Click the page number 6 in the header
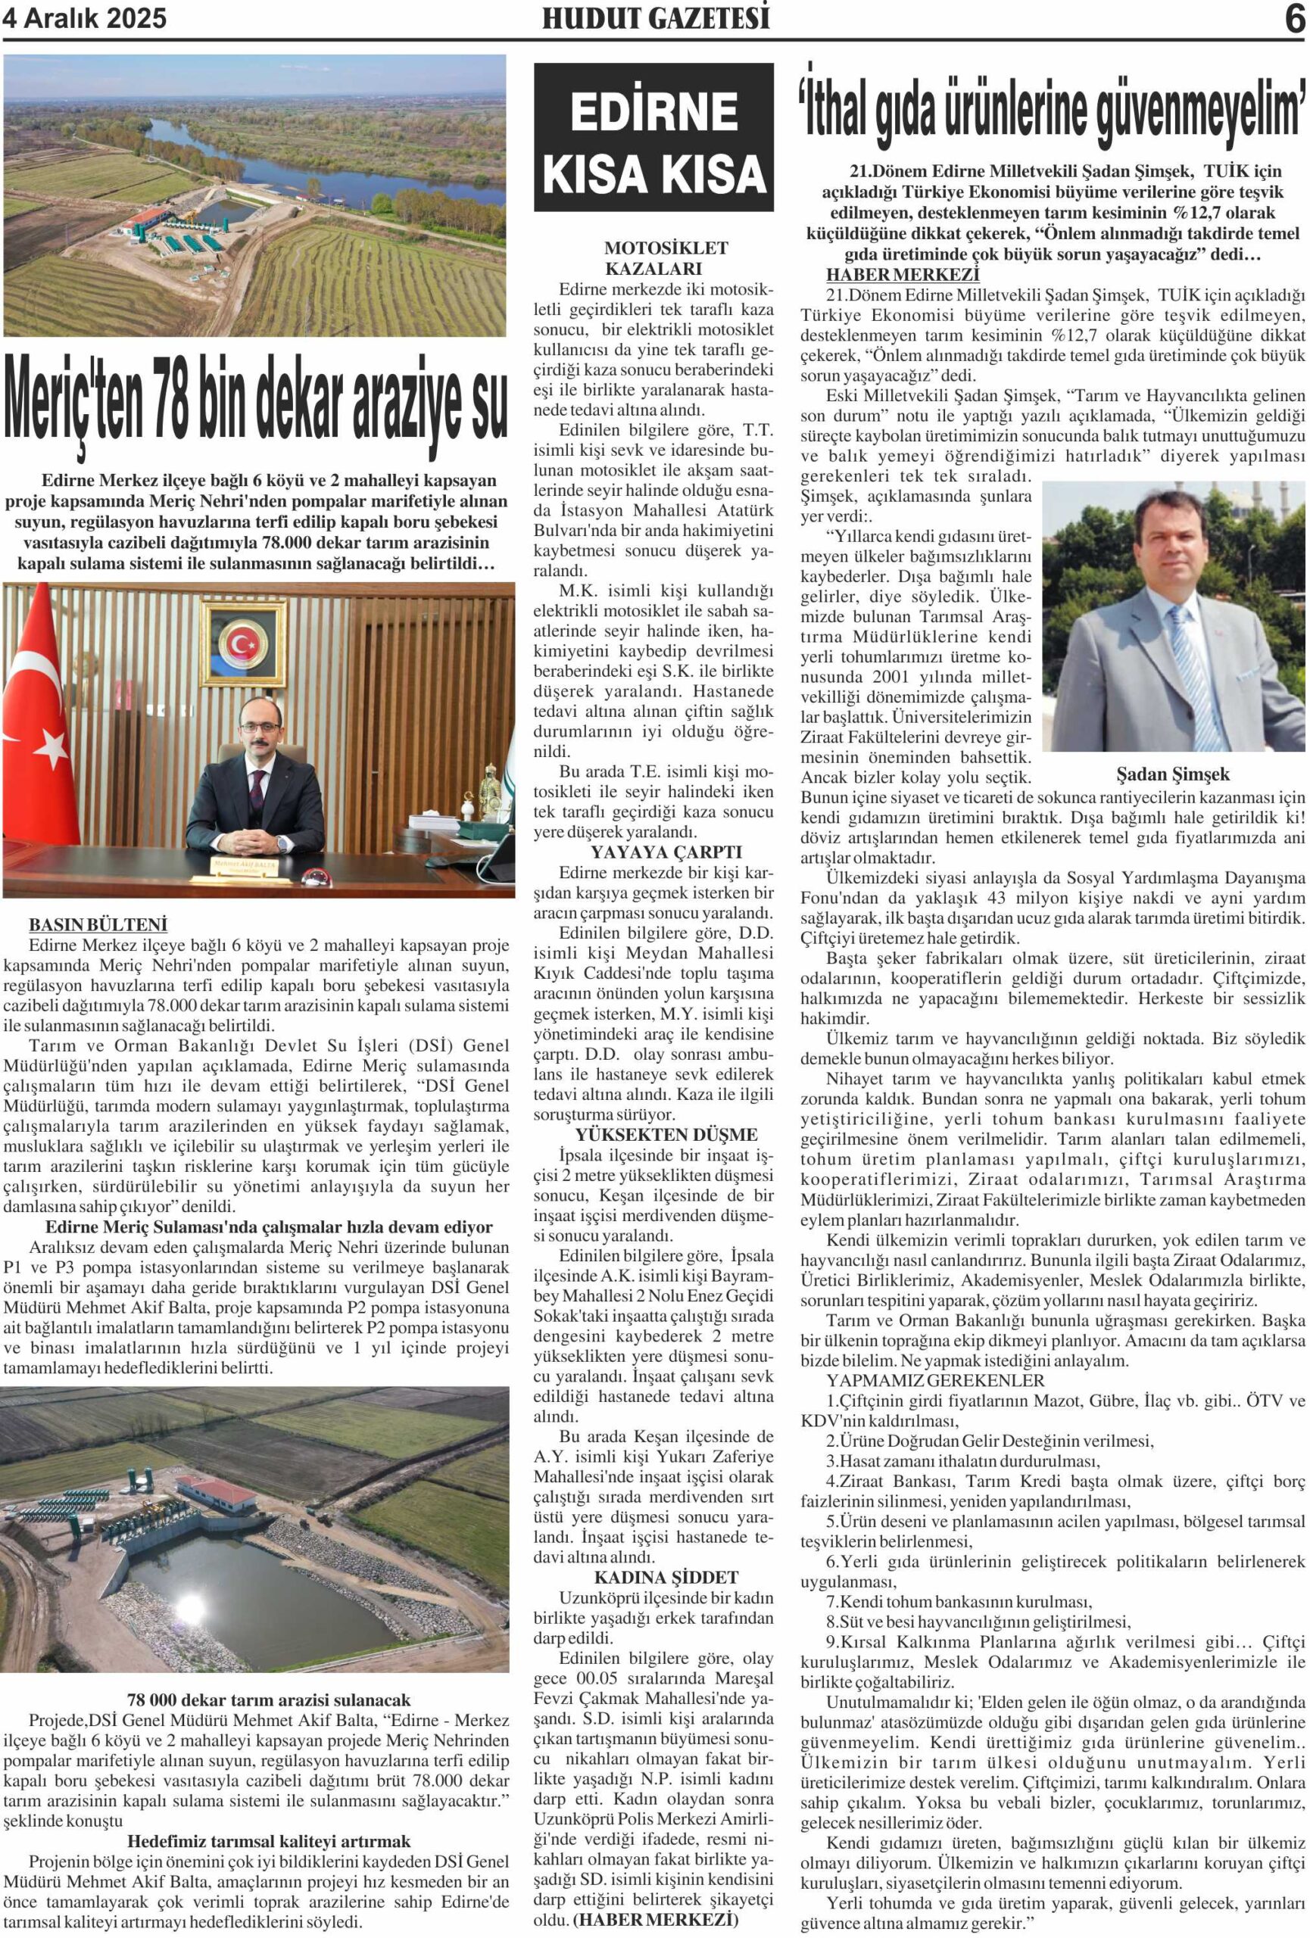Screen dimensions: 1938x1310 1294,18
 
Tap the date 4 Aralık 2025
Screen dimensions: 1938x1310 85,18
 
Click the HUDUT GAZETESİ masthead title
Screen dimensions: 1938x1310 656,18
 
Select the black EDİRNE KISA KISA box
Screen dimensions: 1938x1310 653,138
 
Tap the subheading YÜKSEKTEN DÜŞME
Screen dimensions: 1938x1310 653,1134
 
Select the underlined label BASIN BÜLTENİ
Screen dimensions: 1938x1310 98,925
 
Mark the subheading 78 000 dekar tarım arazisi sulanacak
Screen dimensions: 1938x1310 269,1700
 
